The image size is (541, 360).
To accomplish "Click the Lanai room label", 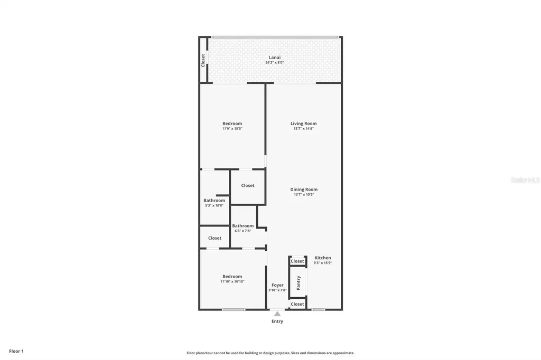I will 274,58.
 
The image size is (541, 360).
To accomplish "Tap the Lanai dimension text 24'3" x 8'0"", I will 274,63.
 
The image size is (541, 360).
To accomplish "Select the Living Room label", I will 303,124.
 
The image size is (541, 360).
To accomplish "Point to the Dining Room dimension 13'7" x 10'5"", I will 304,195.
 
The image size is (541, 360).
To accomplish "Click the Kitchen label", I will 322,258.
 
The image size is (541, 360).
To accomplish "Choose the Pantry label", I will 299,282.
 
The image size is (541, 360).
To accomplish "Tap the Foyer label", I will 277,285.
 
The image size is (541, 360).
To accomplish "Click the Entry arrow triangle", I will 277,314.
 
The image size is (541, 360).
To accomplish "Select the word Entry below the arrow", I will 277,321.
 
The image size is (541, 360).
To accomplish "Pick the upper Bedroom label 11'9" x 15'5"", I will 232,124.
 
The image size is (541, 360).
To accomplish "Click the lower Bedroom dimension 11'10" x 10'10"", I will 232,281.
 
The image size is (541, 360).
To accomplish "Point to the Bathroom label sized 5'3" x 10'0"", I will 214,201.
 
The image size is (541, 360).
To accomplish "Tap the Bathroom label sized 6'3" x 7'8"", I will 242,226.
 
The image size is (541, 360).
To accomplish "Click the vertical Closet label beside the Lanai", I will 203,60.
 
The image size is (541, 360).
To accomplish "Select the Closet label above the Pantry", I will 297,261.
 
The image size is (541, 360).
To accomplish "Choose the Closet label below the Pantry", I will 297,304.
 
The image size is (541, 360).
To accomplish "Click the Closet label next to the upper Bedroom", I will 247,185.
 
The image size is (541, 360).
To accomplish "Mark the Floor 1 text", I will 16,351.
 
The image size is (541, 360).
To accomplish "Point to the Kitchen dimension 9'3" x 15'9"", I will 322,263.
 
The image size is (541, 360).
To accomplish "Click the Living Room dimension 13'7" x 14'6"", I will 304,128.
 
